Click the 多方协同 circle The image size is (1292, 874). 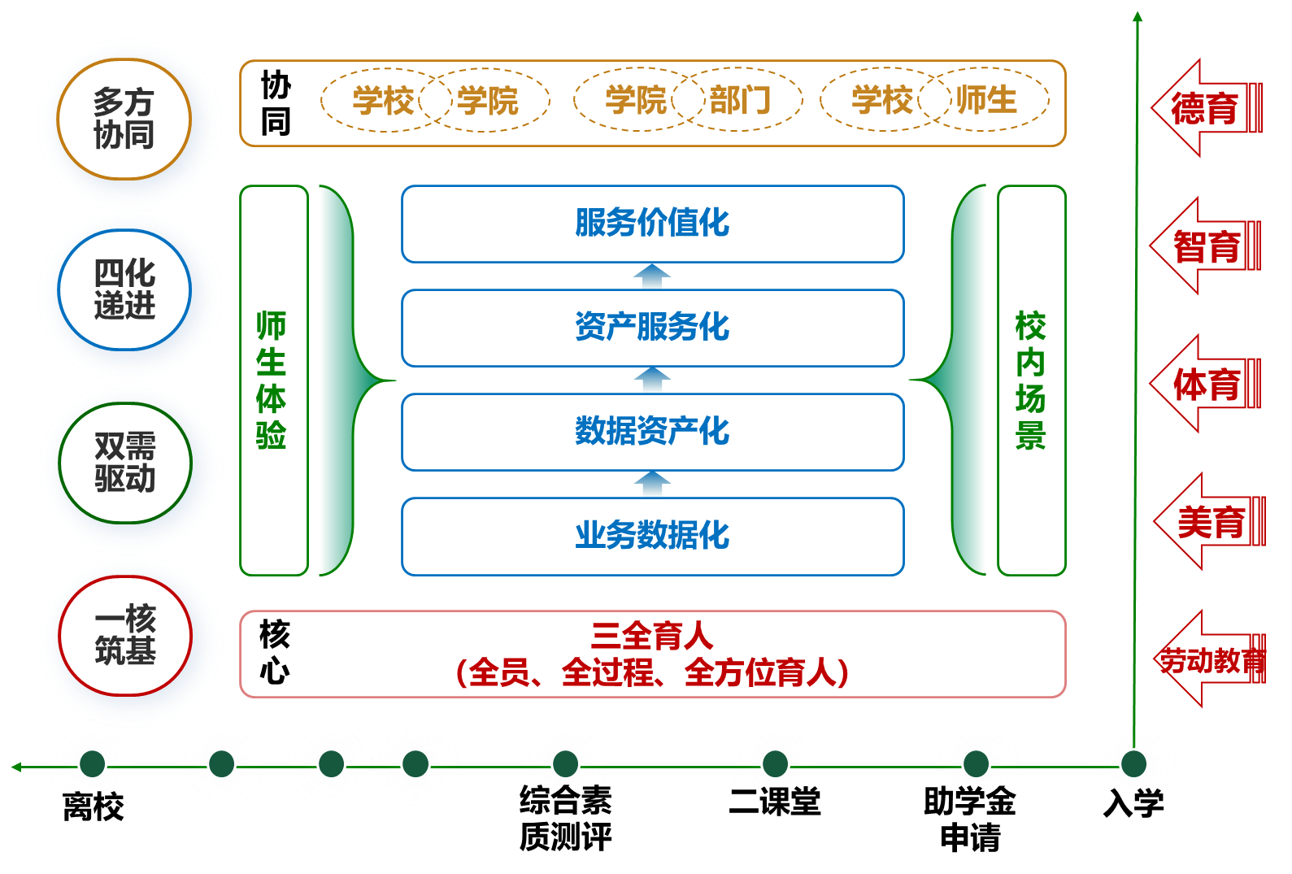124,119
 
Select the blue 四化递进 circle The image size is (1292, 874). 124,289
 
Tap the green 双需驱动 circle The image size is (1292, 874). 125,463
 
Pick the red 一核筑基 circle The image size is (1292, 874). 125,636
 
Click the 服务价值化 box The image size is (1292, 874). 652,224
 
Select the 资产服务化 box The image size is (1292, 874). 652,328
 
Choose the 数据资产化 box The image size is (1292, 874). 652,432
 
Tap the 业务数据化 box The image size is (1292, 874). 652,537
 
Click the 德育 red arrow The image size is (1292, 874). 1207,108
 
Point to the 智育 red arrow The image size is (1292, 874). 1206,246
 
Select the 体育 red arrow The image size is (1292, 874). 1206,384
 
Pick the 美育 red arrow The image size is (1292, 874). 1209,521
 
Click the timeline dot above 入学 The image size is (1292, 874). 1133,763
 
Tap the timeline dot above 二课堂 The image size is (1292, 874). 775,763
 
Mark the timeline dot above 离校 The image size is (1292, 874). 93,763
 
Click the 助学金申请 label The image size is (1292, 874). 970,820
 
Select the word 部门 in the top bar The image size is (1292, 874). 740,100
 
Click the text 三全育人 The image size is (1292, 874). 652,636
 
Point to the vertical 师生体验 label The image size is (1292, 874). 271,380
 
